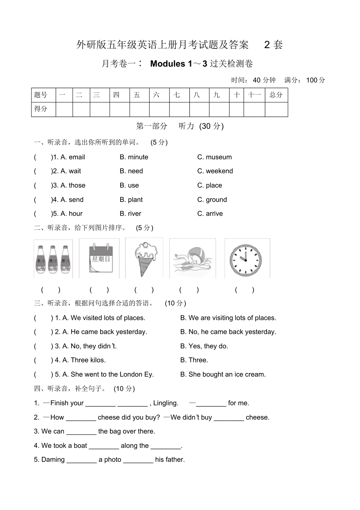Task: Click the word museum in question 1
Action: pyautogui.click(x=219, y=157)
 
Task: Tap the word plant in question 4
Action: pyautogui.click(x=135, y=200)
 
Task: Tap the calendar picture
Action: pyautogui.click(x=99, y=259)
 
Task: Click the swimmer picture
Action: pyautogui.click(x=193, y=259)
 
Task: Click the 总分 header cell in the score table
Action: pyautogui.click(x=276, y=95)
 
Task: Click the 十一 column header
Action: pyautogui.click(x=254, y=95)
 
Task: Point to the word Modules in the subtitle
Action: pyautogui.click(x=168, y=64)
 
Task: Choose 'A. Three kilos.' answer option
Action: pyautogui.click(x=80, y=360)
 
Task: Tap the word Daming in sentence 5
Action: pyautogui.click(x=53, y=460)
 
